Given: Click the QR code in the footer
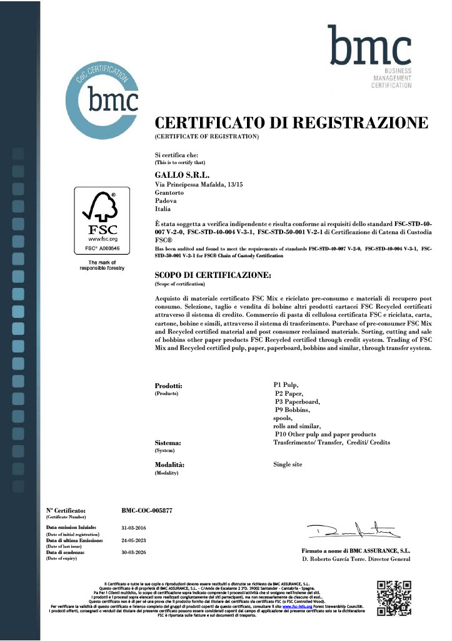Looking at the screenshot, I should tap(394, 598).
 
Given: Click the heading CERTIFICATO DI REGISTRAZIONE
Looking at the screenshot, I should tap(291, 123).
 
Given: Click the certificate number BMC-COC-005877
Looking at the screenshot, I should tap(146, 511).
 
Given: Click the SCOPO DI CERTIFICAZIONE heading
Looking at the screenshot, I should tap(213, 275).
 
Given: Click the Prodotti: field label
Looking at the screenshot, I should tap(168, 386).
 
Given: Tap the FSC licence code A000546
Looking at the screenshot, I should tap(101, 248).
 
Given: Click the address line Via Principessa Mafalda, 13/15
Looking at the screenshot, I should tap(206, 185).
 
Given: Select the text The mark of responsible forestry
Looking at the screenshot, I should tap(101, 265).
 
